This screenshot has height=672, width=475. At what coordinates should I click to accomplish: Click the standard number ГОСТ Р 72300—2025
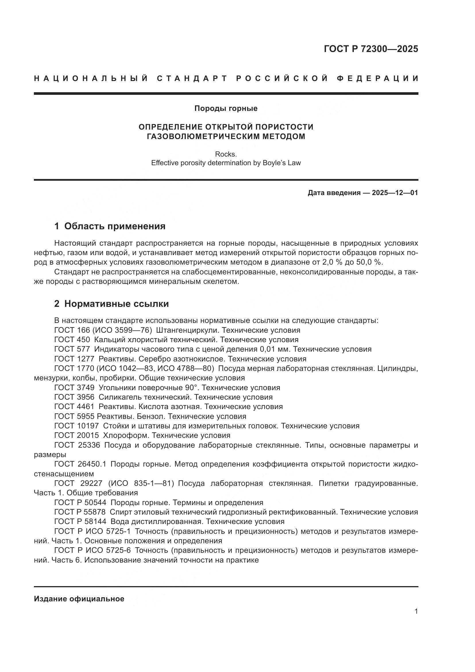(x=371, y=49)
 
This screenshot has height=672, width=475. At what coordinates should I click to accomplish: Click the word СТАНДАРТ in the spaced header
(x=192, y=78)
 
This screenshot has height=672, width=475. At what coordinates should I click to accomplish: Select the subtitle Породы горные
(x=226, y=108)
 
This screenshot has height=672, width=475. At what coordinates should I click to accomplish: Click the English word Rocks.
(x=226, y=154)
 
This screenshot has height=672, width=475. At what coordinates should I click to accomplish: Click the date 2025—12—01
(x=395, y=193)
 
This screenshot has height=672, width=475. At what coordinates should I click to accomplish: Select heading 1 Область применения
(x=110, y=226)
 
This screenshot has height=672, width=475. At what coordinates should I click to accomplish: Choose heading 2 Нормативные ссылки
(x=111, y=304)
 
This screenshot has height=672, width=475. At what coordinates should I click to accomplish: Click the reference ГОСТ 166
(x=72, y=330)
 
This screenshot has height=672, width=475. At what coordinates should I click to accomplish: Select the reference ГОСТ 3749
(x=74, y=388)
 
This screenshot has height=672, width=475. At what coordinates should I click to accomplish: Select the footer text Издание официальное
(x=79, y=598)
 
